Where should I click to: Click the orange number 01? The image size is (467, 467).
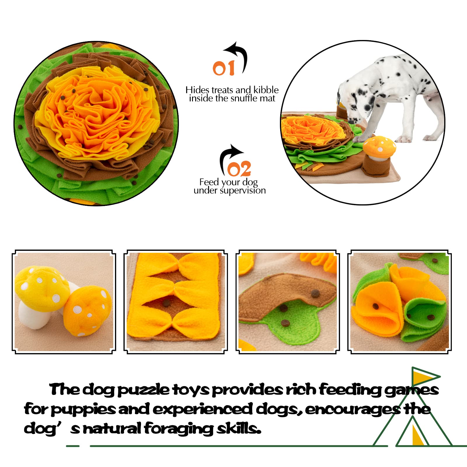click(x=223, y=68)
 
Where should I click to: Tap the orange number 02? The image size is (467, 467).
click(x=239, y=169)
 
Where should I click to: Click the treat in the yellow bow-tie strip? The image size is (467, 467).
click(x=166, y=303)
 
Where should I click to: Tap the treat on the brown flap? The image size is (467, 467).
click(x=314, y=293)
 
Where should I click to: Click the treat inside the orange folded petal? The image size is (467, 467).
click(x=376, y=306)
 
